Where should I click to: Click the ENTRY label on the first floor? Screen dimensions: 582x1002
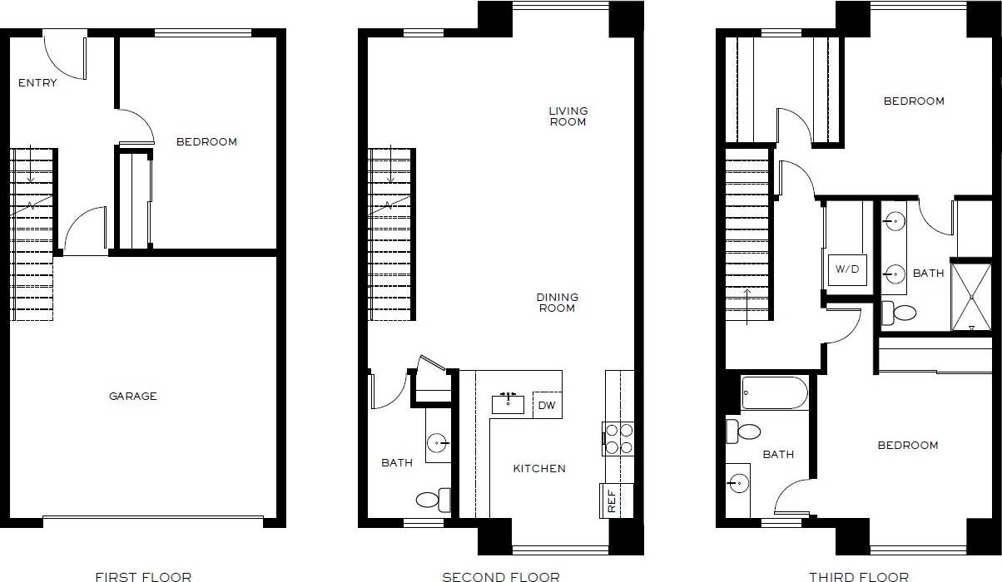point(37,82)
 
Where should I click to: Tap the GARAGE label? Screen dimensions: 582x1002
point(133,397)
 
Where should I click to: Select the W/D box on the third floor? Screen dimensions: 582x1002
point(846,269)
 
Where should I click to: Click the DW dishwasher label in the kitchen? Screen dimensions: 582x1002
point(546,406)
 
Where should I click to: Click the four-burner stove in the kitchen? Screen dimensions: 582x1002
point(618,439)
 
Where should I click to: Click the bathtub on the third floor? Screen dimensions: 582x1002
point(774,392)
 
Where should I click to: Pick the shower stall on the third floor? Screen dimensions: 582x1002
point(971,297)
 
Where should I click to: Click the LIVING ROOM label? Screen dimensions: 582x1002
point(568,116)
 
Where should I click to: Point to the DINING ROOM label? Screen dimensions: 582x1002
point(557,303)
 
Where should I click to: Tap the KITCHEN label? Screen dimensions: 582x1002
point(539,469)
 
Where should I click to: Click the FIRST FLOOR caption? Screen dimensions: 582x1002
point(143,576)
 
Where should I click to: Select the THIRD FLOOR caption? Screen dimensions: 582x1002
point(859,576)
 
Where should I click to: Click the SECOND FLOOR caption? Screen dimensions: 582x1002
point(501,576)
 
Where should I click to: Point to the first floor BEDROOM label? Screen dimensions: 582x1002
point(206,142)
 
